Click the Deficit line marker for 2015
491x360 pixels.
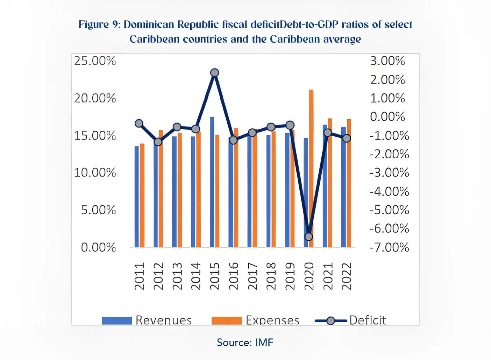coord(215,73)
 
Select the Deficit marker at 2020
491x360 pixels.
coord(309,237)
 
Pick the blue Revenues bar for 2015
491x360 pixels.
coord(212,182)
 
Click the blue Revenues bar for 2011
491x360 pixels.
coord(137,196)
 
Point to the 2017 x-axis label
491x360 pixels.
coord(252,276)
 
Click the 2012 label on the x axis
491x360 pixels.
coord(158,276)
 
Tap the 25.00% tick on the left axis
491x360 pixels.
coord(95,61)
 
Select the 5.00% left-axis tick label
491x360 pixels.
coord(98,210)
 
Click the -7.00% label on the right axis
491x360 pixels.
coord(389,247)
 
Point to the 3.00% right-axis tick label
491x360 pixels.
coord(387,61)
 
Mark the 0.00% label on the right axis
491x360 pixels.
coord(387,117)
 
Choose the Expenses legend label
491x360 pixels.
coord(272,320)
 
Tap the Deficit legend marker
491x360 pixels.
coord(331,321)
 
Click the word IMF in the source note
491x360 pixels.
coord(264,342)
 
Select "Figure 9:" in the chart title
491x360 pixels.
coord(99,24)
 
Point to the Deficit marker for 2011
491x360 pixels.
coord(139,123)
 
